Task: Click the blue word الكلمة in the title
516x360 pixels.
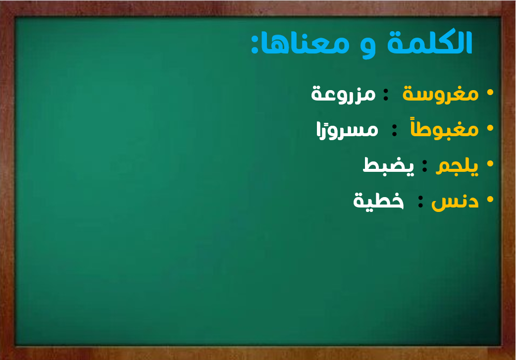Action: tap(430, 42)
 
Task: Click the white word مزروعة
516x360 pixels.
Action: tap(343, 94)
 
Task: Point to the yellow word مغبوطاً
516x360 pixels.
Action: tap(445, 128)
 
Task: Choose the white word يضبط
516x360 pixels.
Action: tap(388, 165)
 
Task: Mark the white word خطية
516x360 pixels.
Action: tap(378, 200)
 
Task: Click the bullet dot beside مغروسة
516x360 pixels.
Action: tap(490, 93)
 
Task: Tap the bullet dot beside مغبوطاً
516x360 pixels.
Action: tap(490, 128)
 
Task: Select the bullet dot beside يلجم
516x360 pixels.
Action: tap(490, 163)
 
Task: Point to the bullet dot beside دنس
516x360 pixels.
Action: tap(490, 199)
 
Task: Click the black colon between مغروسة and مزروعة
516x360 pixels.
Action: tap(386, 95)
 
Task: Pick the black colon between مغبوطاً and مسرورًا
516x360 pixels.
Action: tap(394, 130)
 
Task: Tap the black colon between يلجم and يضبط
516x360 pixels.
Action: tap(424, 165)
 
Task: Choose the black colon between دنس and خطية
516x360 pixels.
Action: tap(420, 201)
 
